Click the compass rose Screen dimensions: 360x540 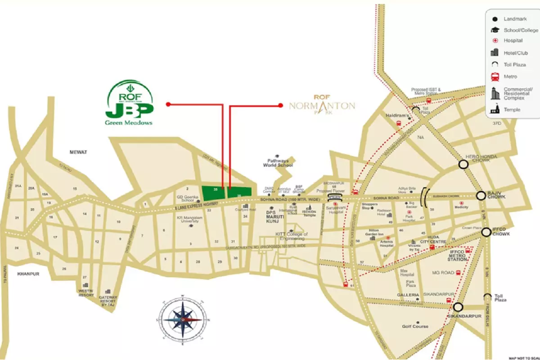coord(182,319)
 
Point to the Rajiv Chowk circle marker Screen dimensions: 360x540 coord(481,195)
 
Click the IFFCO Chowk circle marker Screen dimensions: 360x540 coord(486,232)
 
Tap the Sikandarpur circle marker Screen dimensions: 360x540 coord(458,307)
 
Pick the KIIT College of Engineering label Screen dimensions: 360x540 coord(291,237)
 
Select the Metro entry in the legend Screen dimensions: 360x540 coord(510,76)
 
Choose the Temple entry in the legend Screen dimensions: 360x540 coord(512,109)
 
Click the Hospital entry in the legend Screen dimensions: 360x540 coord(513,40)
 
